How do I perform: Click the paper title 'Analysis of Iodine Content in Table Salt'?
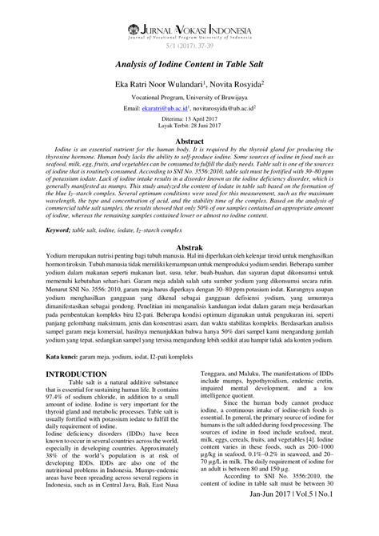[x=189, y=70]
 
